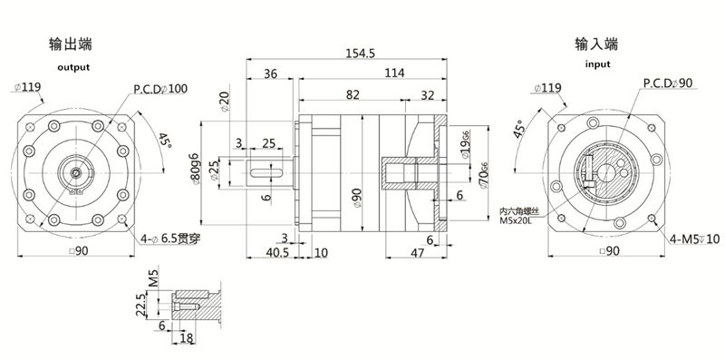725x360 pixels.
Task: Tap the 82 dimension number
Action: click(353, 94)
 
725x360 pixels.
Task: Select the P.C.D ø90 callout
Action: click(668, 83)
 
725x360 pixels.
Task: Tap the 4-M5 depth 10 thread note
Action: click(695, 238)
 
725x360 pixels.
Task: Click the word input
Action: click(597, 64)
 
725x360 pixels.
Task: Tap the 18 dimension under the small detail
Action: click(187, 338)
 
